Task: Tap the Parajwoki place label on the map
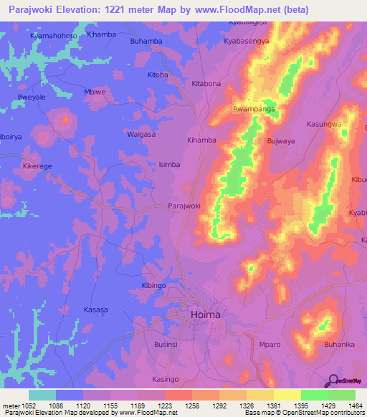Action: [x=183, y=206]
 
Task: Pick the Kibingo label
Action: [x=155, y=286]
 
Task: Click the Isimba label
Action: [x=169, y=164]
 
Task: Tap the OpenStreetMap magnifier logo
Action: [x=333, y=381]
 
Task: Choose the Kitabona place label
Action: [x=206, y=84]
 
